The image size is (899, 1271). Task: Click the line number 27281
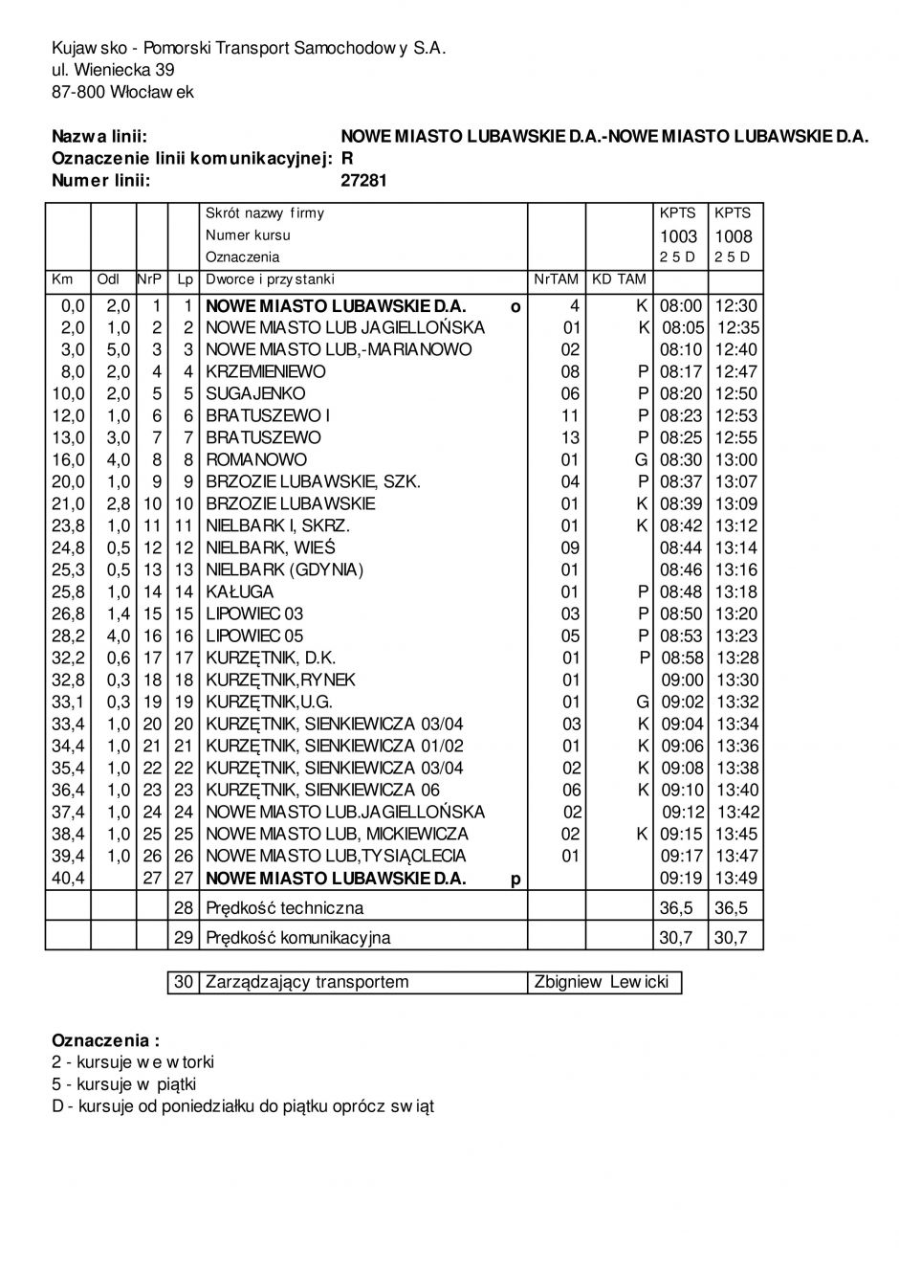[x=363, y=179]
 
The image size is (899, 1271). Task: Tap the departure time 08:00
[x=681, y=306]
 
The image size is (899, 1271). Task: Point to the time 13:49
[x=736, y=878]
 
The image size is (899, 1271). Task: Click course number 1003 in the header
[x=679, y=235]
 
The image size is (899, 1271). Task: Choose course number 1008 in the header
[x=734, y=235]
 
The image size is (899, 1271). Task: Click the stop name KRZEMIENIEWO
[x=266, y=371]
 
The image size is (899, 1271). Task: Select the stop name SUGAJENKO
[x=255, y=393]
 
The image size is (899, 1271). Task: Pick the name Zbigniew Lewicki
[x=603, y=982]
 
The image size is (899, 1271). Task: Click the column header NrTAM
[x=557, y=279]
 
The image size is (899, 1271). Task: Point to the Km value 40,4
[x=68, y=878]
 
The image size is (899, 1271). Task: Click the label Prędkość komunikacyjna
[x=298, y=937]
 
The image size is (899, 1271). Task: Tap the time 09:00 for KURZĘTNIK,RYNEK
[x=682, y=680]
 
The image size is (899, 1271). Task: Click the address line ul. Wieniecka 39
[x=113, y=69]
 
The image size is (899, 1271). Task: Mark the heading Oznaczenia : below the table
[x=106, y=1040]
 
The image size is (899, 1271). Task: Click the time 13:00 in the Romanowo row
[x=736, y=459]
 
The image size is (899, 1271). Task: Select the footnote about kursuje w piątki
[x=123, y=1084]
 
